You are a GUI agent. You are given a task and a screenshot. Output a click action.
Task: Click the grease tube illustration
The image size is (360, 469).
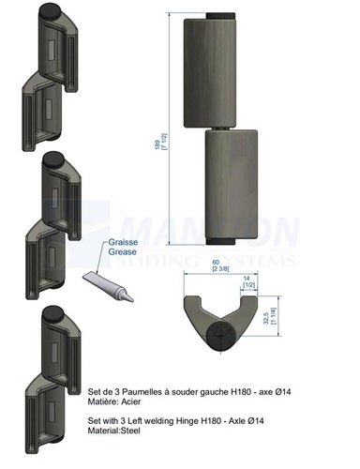click(108, 286)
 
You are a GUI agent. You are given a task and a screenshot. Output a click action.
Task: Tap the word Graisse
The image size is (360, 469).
click(123, 242)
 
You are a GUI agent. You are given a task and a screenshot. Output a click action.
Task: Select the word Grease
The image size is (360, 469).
click(123, 251)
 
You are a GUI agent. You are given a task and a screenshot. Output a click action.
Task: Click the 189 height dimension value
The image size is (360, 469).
click(157, 144)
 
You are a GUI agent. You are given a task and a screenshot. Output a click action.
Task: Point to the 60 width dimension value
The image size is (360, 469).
click(216, 262)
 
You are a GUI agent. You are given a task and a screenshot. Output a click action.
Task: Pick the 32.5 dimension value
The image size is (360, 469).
click(266, 316)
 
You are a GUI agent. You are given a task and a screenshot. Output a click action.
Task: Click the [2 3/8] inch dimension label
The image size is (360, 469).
click(220, 268)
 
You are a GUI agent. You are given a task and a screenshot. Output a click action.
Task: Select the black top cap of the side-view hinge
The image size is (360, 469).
click(220, 16)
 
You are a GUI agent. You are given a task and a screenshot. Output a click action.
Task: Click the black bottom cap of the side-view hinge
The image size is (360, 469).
click(220, 241)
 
